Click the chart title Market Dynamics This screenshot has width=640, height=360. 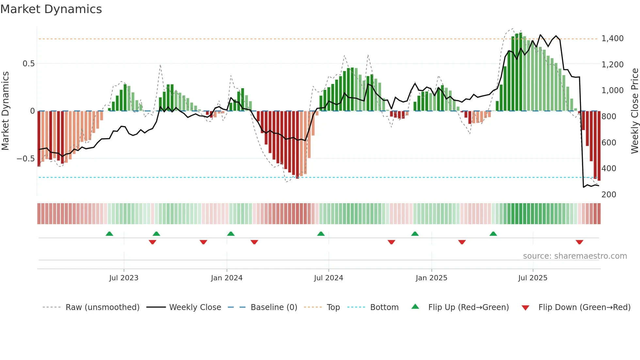coord(51,9)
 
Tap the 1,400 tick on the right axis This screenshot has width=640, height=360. coord(612,39)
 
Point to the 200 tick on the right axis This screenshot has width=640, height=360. coord(609,195)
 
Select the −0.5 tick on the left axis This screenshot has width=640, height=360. coord(25,159)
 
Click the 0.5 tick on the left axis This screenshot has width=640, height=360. coord(28,64)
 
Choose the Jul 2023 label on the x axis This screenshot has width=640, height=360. coord(124,278)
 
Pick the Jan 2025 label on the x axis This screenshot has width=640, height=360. coord(431,278)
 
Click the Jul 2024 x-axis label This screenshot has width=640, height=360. coord(328,278)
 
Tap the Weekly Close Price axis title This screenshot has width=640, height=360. coord(634,111)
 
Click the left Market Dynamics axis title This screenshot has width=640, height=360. coord(5,111)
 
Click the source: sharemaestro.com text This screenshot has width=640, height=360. coord(575,256)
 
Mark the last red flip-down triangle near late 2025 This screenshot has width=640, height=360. coord(579,242)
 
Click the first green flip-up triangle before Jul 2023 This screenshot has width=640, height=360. coord(109,234)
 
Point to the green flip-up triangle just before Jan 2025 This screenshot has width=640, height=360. coord(415,234)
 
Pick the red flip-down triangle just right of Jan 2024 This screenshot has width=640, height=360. coord(254,242)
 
